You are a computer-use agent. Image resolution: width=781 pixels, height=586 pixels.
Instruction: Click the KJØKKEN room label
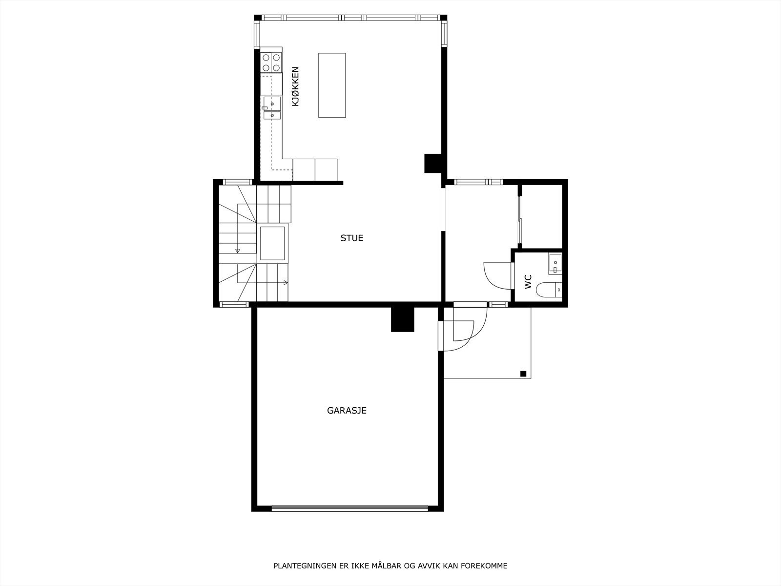click(295, 86)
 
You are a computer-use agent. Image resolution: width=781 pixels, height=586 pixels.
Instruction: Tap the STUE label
click(351, 238)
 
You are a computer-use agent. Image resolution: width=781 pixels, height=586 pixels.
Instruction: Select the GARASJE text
click(347, 411)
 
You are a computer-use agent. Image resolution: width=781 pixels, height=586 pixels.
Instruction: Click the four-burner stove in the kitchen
click(271, 62)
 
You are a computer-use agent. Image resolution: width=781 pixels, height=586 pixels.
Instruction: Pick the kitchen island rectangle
click(332, 85)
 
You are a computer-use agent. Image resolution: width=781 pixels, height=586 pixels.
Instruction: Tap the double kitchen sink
click(272, 108)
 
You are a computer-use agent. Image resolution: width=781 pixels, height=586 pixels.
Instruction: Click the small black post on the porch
click(523, 374)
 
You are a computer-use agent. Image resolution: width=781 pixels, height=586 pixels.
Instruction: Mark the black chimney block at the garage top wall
click(402, 320)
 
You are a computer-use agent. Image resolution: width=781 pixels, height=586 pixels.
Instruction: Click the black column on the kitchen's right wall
click(432, 163)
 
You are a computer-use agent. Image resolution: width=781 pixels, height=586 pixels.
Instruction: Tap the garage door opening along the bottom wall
click(349, 508)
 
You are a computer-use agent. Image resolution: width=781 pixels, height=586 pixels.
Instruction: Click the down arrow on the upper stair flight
click(238, 251)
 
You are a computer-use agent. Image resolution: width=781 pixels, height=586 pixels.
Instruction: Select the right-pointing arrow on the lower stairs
click(285, 283)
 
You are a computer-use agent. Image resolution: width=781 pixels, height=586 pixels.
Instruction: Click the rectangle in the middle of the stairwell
click(272, 243)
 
